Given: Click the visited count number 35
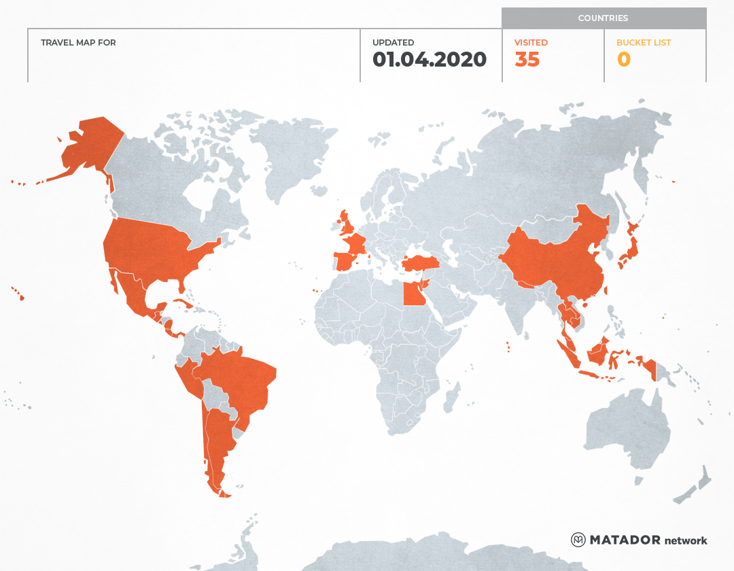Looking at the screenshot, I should pos(527,60).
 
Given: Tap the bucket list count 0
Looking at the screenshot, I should pos(623,60).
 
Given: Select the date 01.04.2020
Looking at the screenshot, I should pos(430,60).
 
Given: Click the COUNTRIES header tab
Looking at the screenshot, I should pos(603,18).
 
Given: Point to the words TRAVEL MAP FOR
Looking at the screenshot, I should pos(78,43).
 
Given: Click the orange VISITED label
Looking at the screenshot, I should pos(531,43).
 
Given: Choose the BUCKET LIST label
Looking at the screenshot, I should pos(643,43).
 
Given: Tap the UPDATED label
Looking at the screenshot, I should pos(393,43).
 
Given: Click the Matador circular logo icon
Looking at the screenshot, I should pos(578,540).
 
